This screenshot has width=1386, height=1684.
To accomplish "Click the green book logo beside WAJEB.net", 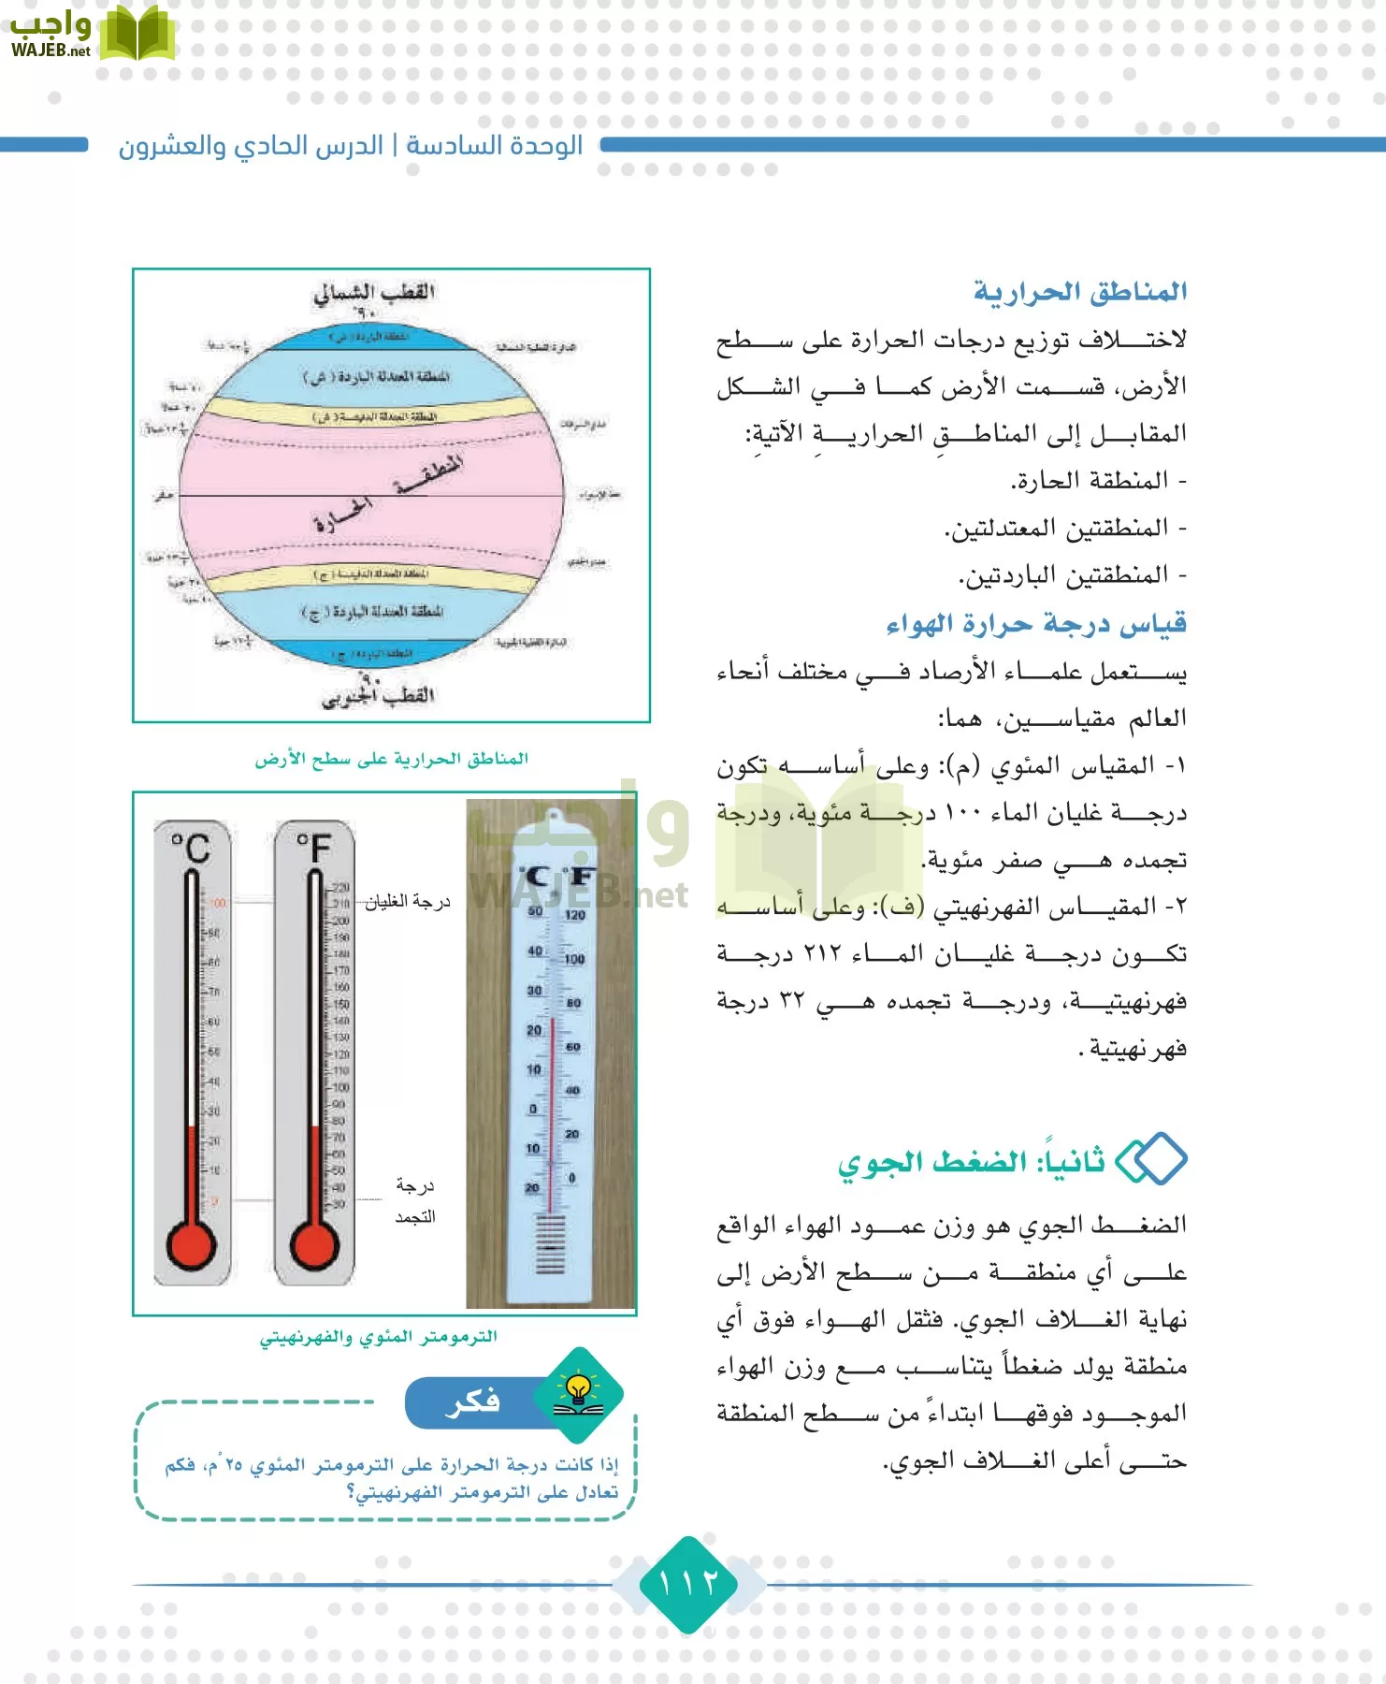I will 137,35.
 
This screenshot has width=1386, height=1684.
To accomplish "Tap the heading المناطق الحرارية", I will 1080,292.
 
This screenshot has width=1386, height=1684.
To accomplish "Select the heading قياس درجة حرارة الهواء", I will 1036,623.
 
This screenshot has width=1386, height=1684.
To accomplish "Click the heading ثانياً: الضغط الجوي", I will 971,1162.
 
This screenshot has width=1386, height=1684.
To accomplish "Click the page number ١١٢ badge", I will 689,1584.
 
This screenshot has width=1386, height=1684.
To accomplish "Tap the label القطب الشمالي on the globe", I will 374,292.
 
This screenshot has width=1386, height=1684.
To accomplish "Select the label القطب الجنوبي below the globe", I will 379,696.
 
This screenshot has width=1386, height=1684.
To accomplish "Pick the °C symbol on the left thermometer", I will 191,847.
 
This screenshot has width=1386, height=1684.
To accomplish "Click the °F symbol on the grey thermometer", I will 314,847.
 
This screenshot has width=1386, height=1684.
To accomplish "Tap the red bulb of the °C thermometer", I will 191,1245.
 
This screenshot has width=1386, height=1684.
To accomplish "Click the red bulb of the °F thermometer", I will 314,1245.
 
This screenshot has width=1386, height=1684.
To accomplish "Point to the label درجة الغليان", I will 408,902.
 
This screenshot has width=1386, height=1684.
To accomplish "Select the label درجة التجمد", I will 414,1200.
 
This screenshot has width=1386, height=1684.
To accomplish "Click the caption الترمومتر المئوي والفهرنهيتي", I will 379,1337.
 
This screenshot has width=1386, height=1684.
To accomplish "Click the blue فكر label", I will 473,1401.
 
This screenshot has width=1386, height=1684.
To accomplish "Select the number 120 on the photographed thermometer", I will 574,915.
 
